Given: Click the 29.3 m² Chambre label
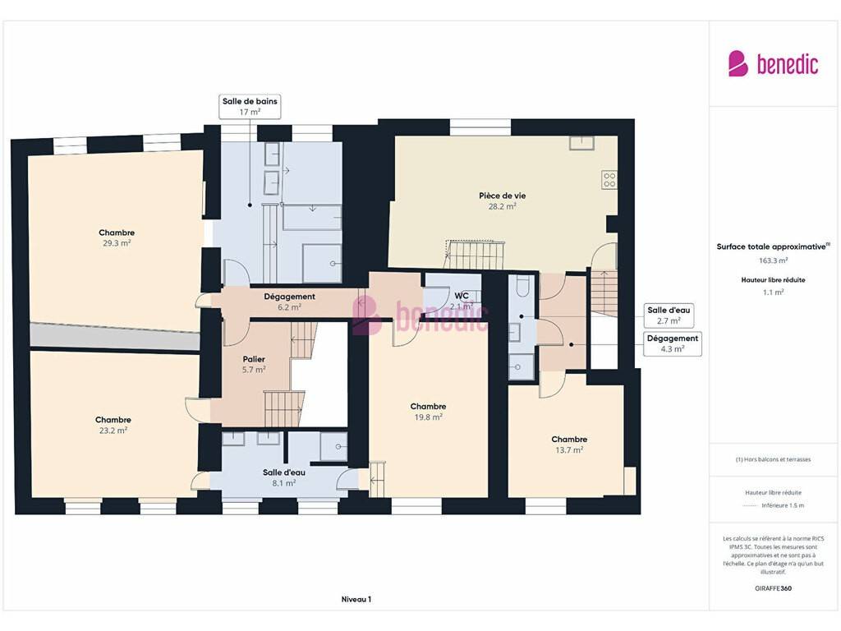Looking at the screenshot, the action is coord(117,237).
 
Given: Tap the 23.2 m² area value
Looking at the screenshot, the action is coord(113,431).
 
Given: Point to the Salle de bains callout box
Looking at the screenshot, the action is coord(250,106).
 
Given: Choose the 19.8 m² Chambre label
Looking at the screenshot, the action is coord(428,412).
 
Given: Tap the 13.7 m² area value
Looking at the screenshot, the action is coord(570,450).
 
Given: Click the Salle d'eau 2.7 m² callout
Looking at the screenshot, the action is coord(669,315).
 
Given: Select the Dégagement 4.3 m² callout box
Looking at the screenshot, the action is coord(672,343).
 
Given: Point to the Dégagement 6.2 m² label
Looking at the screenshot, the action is coord(289,302).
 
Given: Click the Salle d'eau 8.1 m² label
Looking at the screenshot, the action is coord(283,477).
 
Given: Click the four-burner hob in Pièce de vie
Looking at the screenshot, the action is coord(609,180).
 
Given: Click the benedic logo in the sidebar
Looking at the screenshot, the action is coord(773,64).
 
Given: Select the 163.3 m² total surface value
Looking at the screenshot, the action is coord(773,260).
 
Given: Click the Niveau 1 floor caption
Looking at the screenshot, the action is coord(356,599).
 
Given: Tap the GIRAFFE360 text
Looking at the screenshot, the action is coord(773,588).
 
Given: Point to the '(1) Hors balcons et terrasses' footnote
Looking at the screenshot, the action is coord(773,459).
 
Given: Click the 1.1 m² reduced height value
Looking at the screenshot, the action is coord(773,292).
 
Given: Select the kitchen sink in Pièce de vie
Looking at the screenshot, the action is coord(582,143).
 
